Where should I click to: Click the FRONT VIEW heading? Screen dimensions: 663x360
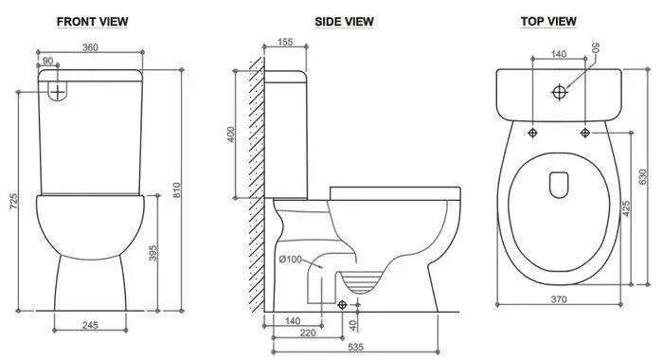[92, 22]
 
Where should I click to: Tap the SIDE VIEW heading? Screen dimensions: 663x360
[344, 22]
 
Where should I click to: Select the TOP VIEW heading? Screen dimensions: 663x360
[548, 21]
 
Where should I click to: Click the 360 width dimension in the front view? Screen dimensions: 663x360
[90, 47]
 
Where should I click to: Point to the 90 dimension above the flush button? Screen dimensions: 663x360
[47, 61]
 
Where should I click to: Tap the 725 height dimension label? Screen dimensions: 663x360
[14, 202]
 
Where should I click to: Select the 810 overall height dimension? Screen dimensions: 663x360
[177, 189]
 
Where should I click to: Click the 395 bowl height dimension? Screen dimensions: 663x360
[152, 253]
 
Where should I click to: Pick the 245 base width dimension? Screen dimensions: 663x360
[90, 325]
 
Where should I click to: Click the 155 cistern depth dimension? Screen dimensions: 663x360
[285, 42]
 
